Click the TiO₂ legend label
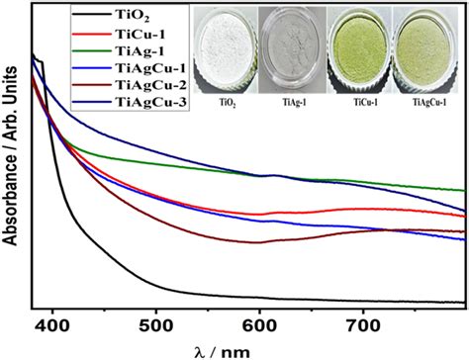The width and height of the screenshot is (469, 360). pos(132,16)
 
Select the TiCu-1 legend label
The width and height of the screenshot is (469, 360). pos(140,34)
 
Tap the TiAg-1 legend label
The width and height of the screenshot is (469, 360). pos(140,50)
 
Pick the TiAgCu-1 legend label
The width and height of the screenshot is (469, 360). pos(150,68)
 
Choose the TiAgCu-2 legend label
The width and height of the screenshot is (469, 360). pos(150,85)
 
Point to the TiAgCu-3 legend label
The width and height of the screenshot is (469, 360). pos(150,102)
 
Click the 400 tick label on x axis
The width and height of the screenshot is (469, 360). pos(51,326)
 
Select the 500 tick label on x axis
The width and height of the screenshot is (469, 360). pos(155,326)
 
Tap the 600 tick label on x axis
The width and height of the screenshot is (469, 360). pos(259,326)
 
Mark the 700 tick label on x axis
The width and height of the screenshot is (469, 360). pos(363,326)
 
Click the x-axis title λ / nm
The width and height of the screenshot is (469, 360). pos(224,352)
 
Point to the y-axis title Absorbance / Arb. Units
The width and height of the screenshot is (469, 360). pos(10,156)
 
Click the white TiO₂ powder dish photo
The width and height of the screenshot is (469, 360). pos(227,50)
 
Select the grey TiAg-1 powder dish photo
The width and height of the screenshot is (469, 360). pos(293,50)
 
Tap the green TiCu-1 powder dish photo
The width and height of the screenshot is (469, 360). pos(359,50)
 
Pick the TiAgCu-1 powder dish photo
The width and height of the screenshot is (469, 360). pos(425,50)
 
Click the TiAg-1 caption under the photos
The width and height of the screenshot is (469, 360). pos(294,103)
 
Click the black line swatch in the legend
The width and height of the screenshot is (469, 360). pos(91,14)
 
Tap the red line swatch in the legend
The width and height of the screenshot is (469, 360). pos(91,34)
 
